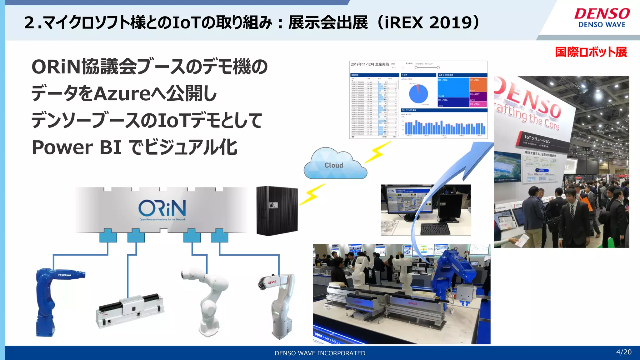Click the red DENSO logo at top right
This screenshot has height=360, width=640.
tap(602, 14)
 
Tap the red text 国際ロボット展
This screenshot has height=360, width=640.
tap(591, 52)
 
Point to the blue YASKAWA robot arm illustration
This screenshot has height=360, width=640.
tap(53, 300)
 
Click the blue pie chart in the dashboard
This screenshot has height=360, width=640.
tap(418, 93)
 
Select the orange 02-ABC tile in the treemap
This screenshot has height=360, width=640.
tap(478, 84)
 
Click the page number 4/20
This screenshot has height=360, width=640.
tap(624, 352)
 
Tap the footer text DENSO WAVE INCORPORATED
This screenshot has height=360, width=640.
tap(320, 353)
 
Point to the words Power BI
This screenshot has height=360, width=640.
tap(77, 147)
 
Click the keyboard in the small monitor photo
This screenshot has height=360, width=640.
tap(436, 229)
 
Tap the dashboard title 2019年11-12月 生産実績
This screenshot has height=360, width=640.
tap(370, 64)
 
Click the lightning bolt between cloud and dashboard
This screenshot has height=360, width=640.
tap(378, 152)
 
